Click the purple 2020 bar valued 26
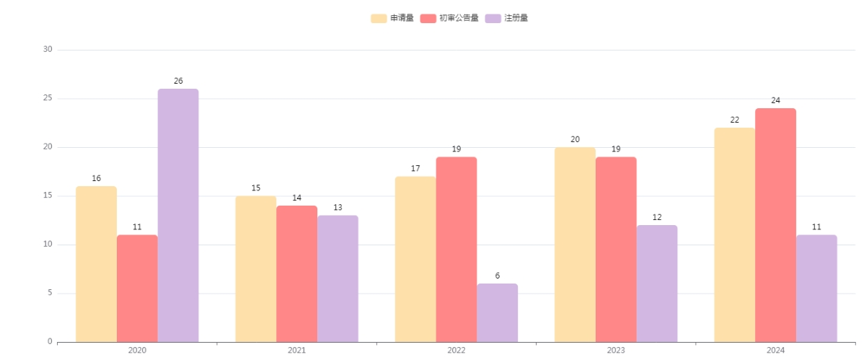[178, 215]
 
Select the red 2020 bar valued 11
[137, 288]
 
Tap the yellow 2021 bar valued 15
[255, 268]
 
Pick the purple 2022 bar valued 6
[497, 312]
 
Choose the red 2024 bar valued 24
[775, 225]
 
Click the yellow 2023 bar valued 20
[575, 245]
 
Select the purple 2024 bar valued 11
[816, 288]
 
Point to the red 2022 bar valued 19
[456, 249]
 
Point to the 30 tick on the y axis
[48, 50]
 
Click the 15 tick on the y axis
[48, 196]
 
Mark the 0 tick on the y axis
[50, 342]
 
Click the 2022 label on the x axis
[456, 351]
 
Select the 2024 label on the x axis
[775, 351]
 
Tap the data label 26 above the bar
[178, 81]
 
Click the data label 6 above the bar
[497, 276]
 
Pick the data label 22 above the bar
[734, 120]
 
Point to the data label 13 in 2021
[338, 208]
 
